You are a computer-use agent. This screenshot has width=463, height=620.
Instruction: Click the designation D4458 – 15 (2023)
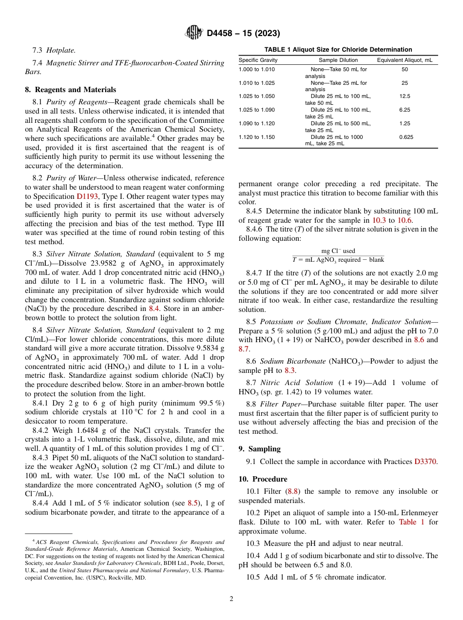243,34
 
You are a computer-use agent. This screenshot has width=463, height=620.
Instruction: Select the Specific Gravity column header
258,60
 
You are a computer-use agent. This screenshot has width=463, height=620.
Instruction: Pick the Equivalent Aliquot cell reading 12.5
405,97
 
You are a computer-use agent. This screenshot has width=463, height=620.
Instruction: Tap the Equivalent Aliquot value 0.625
405,137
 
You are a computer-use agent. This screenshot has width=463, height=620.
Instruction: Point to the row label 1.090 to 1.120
256,124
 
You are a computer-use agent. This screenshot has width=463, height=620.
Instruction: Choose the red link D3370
425,462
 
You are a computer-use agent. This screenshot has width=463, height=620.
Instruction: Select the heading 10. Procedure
263,479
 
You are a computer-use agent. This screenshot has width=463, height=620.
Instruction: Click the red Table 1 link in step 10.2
411,522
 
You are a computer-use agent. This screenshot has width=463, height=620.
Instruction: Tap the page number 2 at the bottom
231,599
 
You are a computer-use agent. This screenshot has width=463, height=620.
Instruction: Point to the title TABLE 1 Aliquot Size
338,49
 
